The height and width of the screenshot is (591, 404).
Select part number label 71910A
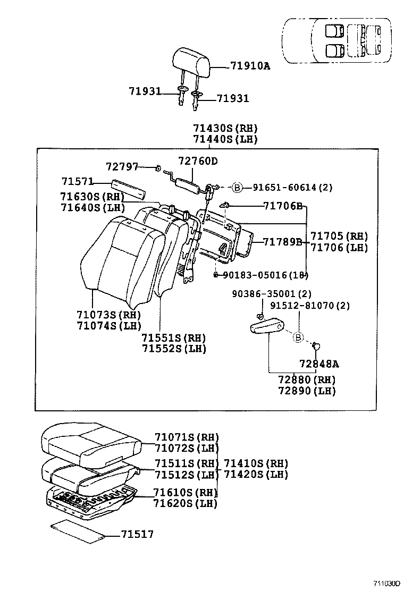tap(250, 66)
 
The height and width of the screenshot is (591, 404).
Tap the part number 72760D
tap(198, 161)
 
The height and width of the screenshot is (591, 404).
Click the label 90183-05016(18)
tap(265, 275)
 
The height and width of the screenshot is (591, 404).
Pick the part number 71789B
tap(282, 242)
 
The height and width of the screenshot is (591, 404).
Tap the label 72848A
tap(318, 364)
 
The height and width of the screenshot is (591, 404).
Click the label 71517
tap(137, 534)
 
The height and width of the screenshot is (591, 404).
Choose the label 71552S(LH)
tap(173, 349)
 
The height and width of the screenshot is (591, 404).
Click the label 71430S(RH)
tap(225, 128)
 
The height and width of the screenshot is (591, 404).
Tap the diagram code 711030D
tap(385, 583)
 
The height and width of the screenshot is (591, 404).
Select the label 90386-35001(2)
tap(271, 294)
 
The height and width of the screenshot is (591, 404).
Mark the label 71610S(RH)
tap(186, 492)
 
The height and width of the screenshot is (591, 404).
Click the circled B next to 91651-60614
tap(238, 187)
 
